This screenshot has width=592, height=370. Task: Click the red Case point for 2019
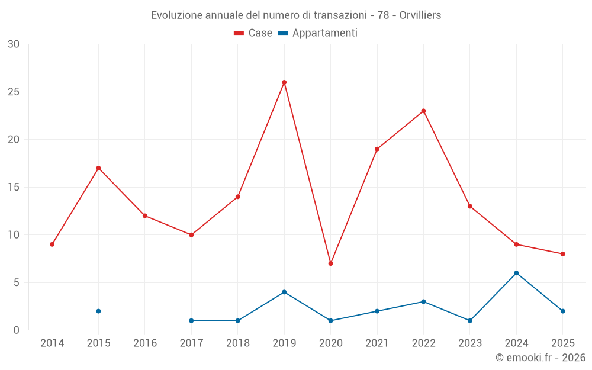coord(284,82)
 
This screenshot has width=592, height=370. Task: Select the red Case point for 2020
coord(331,263)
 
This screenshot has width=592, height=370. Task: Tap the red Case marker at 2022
coord(424,111)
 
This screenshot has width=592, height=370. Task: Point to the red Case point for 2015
coord(98,168)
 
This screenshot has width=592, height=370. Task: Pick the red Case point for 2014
coord(52,244)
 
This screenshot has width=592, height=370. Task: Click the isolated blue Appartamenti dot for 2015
coord(98,311)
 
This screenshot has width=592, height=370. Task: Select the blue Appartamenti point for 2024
coord(516,273)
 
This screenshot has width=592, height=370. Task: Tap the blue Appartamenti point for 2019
coord(284,292)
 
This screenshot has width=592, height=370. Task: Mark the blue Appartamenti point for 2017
coord(191,320)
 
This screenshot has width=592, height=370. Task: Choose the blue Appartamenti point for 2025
coord(563,311)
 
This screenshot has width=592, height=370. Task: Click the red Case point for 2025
coord(563,254)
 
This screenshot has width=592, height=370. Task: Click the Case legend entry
coord(253,33)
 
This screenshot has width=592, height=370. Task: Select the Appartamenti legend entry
coord(317,33)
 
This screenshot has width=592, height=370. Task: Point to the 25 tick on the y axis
coord(14,92)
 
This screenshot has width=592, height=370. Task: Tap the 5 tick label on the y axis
coord(16,282)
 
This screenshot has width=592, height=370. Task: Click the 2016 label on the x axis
coord(145,343)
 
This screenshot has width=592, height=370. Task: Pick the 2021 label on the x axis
coord(377,343)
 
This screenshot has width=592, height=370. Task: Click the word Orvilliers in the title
coord(420,15)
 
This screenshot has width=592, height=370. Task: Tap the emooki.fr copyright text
coord(540,357)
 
